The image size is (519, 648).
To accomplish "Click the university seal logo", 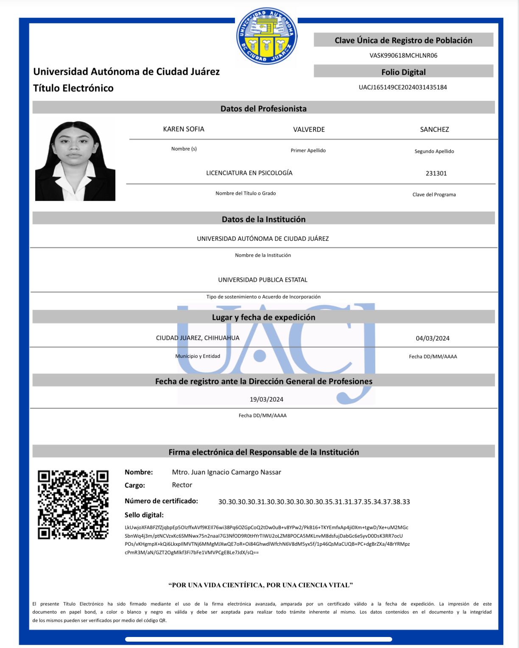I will point(267,36).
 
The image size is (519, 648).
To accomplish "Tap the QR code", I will point(73,504).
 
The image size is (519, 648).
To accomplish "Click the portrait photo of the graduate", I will point(75,161).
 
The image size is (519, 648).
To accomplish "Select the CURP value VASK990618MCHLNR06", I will point(403,56).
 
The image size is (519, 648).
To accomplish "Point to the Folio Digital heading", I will point(403,72).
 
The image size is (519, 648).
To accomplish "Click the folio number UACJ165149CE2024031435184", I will point(403,87).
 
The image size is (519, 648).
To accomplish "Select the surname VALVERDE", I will point(309,129).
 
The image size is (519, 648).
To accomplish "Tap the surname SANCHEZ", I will point(434,129).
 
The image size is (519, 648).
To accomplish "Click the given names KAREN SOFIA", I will point(184,129).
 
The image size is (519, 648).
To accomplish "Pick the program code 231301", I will point(436,173).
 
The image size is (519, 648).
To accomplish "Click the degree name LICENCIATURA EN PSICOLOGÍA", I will point(249,173).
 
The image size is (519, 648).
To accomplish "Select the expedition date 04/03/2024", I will point(432,338).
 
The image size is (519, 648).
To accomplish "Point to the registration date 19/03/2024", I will point(266,399).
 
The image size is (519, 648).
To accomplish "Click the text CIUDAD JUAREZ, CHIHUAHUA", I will point(198,338).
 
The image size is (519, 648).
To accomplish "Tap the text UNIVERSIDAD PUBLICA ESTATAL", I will point(262,280).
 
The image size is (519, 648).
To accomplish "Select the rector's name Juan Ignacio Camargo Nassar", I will point(226,472).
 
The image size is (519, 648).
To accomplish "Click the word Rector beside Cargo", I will point(182,485).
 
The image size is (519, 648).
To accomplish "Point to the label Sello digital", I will point(144,515).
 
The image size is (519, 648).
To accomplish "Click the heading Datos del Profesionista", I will point(263,109).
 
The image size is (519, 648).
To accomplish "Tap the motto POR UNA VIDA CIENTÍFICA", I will point(260,585).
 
